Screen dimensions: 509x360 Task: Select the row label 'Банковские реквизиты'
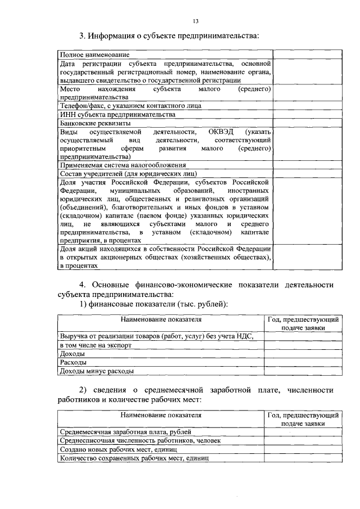[95, 122]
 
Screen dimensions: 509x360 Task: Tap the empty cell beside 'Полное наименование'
[308, 55]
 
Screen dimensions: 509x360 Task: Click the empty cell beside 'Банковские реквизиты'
[308, 122]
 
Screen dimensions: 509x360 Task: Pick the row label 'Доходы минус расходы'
[96, 371]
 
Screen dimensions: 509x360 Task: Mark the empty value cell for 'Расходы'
[302, 362]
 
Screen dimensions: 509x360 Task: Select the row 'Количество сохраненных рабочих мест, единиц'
[134, 458]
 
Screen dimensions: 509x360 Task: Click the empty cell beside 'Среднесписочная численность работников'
[302, 440]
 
